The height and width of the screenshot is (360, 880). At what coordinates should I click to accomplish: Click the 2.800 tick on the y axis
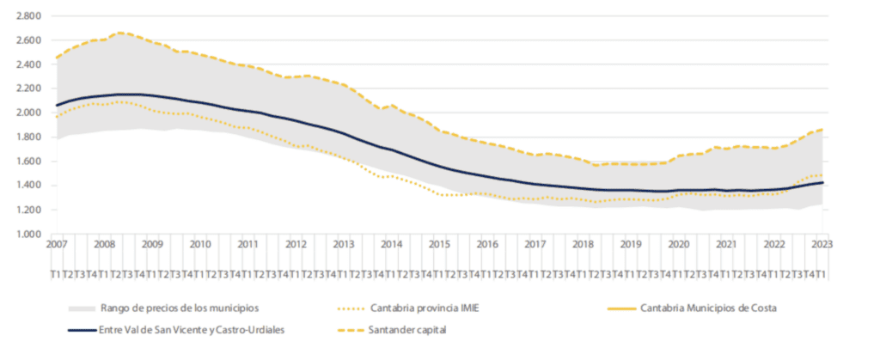(28, 16)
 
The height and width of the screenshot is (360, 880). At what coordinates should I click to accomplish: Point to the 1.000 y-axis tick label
(28, 234)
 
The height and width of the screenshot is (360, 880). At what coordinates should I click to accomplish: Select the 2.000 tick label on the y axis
(28, 113)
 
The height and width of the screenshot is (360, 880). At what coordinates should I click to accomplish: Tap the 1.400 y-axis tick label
(28, 186)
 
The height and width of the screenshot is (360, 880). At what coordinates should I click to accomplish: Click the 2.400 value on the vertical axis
(28, 64)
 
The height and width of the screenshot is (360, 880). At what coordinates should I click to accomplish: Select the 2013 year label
(343, 244)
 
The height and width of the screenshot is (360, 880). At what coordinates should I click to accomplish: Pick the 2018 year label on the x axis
(582, 244)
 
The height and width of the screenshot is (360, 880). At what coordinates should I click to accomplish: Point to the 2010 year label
(199, 244)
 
